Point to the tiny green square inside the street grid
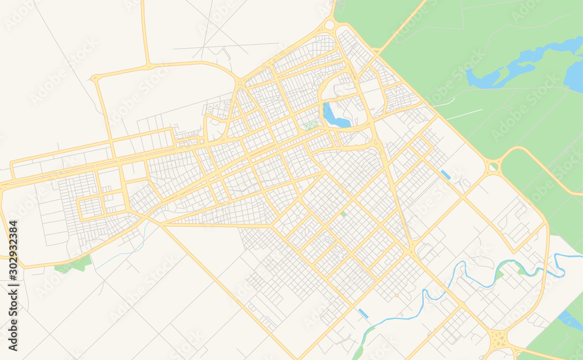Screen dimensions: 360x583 (x=343, y=214)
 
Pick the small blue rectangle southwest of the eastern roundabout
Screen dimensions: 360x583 (x=446, y=174)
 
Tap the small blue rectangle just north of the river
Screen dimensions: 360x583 (x=363, y=313)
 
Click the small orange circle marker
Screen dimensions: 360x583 (x=396, y=295)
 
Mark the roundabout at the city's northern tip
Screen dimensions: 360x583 (x=329, y=25)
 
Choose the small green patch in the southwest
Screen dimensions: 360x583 (x=73, y=265)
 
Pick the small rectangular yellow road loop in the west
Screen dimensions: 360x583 (x=90, y=207)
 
